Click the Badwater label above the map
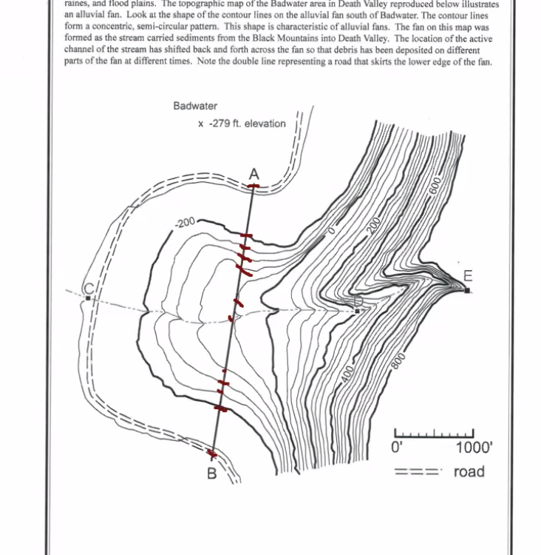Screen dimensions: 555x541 pos(195,106)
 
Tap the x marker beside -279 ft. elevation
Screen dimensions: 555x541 pos(200,124)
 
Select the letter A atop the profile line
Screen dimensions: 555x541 pos(254,174)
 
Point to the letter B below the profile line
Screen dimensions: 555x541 pos(211,474)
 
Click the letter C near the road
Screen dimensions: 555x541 pos(88,289)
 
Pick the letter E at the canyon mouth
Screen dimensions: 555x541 pos(467,276)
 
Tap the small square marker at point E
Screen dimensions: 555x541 pos(467,290)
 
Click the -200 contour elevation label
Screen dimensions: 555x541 pos(186,222)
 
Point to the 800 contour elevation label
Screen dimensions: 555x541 pos(399,360)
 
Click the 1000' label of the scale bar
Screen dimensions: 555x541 pos(473,447)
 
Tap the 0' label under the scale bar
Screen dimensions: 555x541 pos(396,447)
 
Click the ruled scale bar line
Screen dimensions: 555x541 pos(434,434)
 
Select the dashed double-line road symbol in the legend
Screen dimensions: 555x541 pos(418,471)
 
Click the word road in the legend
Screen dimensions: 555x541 pos(469,471)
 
